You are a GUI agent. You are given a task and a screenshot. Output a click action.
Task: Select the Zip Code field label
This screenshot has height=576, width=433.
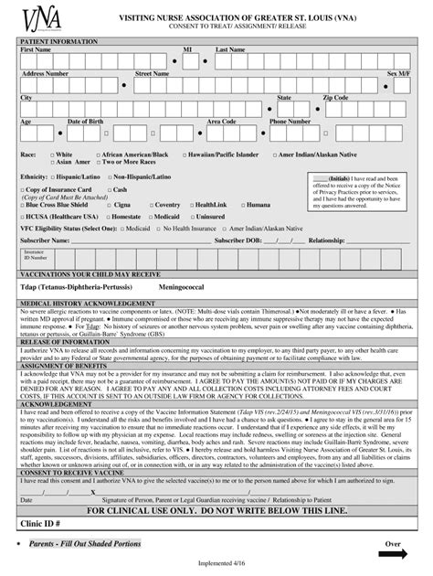click(335, 97)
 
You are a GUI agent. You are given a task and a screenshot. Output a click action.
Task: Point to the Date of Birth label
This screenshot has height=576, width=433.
click(86, 121)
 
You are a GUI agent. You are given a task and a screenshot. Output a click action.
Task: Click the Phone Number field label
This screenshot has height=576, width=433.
click(290, 121)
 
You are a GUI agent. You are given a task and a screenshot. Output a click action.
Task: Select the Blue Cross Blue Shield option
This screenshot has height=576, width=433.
click(52, 205)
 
